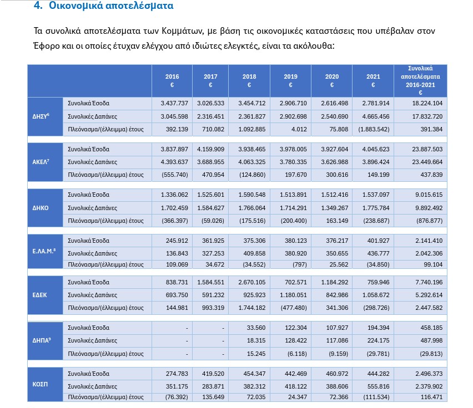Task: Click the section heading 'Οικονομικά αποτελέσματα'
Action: click(x=111, y=6)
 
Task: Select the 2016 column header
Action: click(x=172, y=80)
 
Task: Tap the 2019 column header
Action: click(x=290, y=80)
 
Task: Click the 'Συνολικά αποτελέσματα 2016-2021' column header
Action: click(x=420, y=80)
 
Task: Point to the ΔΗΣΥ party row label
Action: click(x=41, y=116)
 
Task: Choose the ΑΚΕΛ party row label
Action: click(x=41, y=162)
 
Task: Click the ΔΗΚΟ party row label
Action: click(x=40, y=208)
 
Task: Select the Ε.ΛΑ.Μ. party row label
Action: click(x=44, y=251)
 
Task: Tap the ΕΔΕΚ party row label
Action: click(x=39, y=295)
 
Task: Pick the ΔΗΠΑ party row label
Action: click(x=41, y=340)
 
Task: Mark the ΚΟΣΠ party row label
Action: click(x=40, y=384)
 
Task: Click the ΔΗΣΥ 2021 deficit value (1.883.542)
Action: click(x=374, y=129)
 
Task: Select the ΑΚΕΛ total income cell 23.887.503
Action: click(x=427, y=149)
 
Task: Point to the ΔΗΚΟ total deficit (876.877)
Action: click(x=429, y=221)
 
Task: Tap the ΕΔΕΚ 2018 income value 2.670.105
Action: click(x=252, y=282)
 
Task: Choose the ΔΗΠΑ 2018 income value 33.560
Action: click(x=256, y=328)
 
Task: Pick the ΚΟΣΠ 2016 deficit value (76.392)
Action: click(x=177, y=397)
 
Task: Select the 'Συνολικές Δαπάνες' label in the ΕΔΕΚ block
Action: click(x=92, y=295)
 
